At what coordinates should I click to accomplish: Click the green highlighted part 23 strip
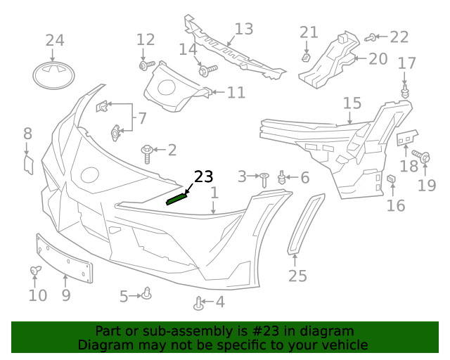[176, 198]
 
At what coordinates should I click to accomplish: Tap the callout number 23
[202, 176]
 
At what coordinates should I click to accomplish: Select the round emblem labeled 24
[54, 75]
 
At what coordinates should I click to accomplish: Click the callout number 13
[243, 30]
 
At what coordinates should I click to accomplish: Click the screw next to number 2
[148, 151]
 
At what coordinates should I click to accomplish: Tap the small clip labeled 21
[306, 56]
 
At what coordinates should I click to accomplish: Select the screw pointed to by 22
[372, 37]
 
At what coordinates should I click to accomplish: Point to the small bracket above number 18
[406, 138]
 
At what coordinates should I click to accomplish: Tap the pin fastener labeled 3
[264, 178]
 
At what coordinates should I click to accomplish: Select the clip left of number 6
[283, 177]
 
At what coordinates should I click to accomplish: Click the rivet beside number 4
[198, 304]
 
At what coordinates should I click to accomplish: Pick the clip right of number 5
[147, 293]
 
